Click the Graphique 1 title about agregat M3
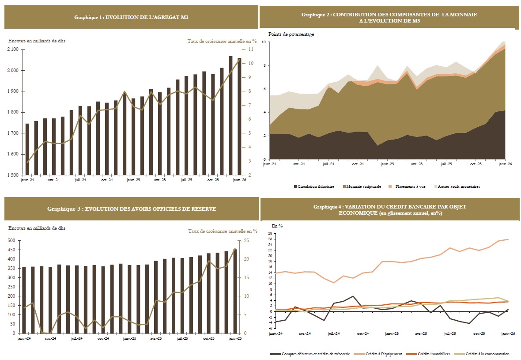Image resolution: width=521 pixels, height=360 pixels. point(131,17)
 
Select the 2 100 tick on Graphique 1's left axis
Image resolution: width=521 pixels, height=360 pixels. point(12,49)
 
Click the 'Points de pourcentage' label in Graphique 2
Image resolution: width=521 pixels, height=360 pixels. point(291,34)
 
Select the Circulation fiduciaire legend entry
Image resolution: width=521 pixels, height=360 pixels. point(316,186)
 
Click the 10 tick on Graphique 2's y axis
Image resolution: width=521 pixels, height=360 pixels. point(263,42)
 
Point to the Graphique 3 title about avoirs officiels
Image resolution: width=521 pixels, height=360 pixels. point(131,208)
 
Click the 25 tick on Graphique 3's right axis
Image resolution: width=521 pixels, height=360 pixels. point(246,241)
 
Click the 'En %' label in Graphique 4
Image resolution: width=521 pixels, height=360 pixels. point(277,226)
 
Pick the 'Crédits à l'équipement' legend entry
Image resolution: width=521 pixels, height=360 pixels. point(376,354)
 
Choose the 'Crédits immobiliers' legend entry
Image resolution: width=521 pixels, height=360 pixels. point(428,354)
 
